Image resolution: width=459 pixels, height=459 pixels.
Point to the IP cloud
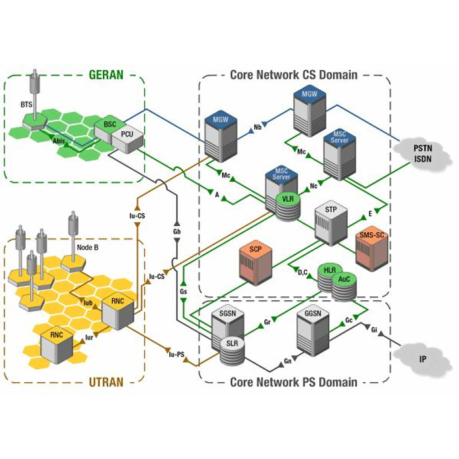423,359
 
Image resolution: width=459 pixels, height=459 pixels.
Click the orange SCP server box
256,263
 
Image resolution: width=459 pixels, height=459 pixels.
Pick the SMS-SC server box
371,249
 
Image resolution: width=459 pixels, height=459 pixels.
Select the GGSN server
312,331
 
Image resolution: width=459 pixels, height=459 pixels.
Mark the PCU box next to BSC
127,138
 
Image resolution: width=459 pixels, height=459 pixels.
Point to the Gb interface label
176,232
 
